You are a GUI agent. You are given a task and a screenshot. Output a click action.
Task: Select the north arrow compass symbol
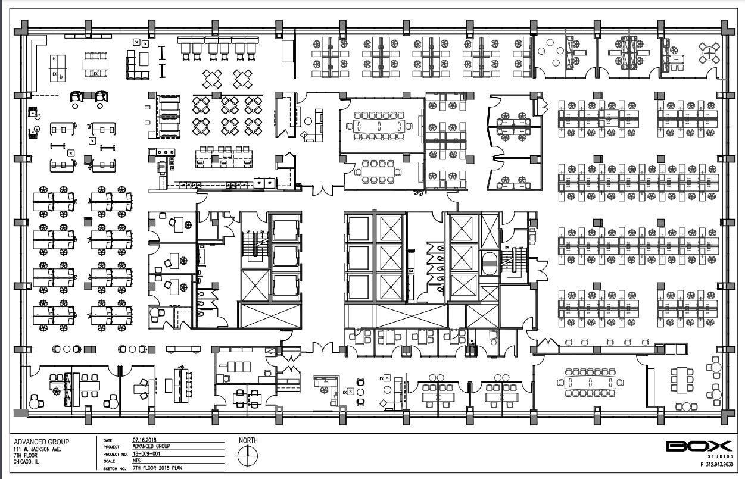248,456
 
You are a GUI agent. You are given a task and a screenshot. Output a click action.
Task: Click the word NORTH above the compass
248,440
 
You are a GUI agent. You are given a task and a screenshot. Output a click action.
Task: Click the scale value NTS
136,461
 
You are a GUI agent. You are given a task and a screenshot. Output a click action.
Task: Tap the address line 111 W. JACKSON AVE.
41,449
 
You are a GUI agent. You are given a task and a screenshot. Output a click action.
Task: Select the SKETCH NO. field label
114,468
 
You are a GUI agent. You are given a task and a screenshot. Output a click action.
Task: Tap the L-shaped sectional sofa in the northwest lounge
136,65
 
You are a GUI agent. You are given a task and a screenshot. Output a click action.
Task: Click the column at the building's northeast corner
725,27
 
